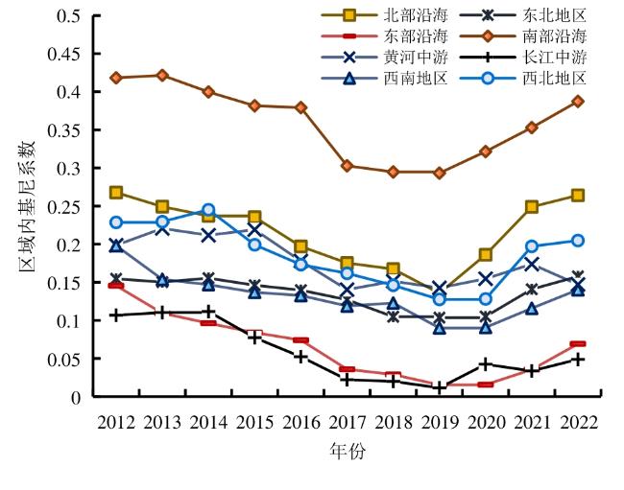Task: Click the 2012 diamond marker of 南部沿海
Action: (x=116, y=78)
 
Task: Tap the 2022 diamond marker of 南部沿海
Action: (x=579, y=101)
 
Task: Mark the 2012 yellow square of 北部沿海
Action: (x=116, y=193)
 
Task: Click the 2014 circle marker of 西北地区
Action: (x=208, y=209)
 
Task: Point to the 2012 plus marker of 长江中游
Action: (x=116, y=315)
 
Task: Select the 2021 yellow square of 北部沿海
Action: (x=532, y=206)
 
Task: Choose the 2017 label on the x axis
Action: (x=347, y=422)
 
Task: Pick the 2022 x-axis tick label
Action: (x=579, y=422)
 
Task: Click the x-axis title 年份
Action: (x=347, y=451)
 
